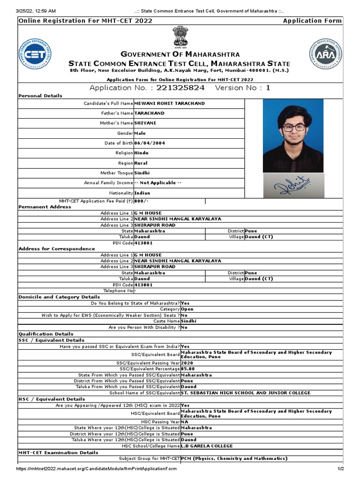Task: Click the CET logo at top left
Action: click(x=35, y=54)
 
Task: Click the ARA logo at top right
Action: click(x=325, y=55)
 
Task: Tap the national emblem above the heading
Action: click(x=180, y=37)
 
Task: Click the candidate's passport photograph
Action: click(x=293, y=135)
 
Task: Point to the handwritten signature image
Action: click(x=293, y=187)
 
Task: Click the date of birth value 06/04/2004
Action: click(x=150, y=143)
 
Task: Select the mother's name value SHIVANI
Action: click(x=145, y=123)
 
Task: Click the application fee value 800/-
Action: click(x=142, y=201)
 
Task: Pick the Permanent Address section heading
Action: click(x=45, y=207)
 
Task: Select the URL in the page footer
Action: click(x=97, y=469)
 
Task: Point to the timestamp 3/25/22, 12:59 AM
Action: click(x=37, y=11)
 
